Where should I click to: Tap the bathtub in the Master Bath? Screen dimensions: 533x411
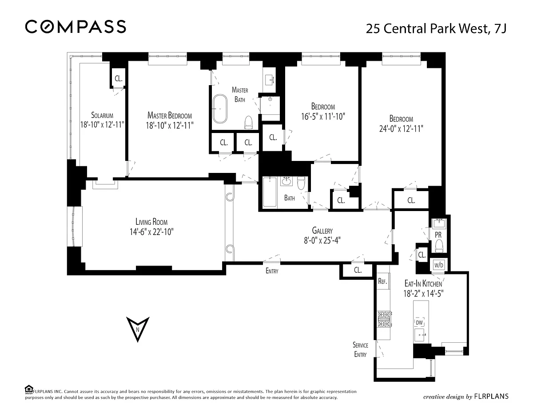[x=220, y=109]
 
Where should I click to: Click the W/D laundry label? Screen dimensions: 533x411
[x=439, y=265]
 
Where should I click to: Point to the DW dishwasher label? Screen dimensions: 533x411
[x=419, y=323]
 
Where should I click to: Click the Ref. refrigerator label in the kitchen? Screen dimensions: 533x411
[x=382, y=281]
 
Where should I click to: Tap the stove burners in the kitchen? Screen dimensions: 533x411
[x=384, y=319]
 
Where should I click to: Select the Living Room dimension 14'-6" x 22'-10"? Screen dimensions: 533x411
[x=151, y=231]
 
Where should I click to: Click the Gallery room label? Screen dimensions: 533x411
[x=322, y=231]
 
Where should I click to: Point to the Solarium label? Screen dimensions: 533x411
[x=102, y=115]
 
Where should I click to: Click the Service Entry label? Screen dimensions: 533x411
[x=360, y=349]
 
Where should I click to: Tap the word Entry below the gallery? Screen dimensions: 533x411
[x=272, y=271]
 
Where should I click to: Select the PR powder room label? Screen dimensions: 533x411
[x=438, y=235]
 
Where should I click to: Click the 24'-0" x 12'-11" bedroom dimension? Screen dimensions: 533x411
[x=401, y=129]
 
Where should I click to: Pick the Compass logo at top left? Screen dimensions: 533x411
[x=76, y=27]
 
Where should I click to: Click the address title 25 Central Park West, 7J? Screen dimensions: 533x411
[x=436, y=28]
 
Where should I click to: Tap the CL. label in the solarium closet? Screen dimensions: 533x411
[x=119, y=78]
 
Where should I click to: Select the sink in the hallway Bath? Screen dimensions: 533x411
[x=286, y=181]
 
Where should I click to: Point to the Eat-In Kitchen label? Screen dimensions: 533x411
[x=423, y=283]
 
